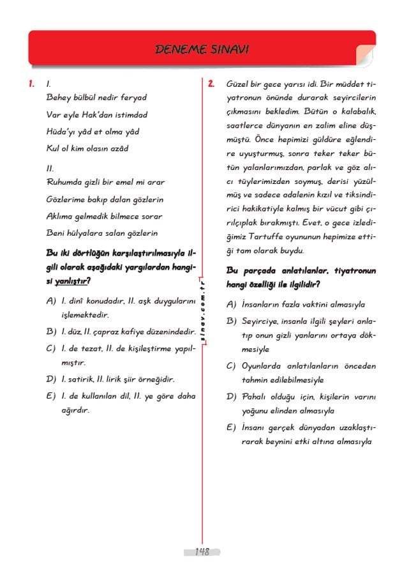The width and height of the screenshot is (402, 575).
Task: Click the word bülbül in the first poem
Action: [x=87, y=98]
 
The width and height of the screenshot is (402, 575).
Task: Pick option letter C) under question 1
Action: [x=51, y=348]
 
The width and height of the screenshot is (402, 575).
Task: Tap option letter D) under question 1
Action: [x=51, y=379]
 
